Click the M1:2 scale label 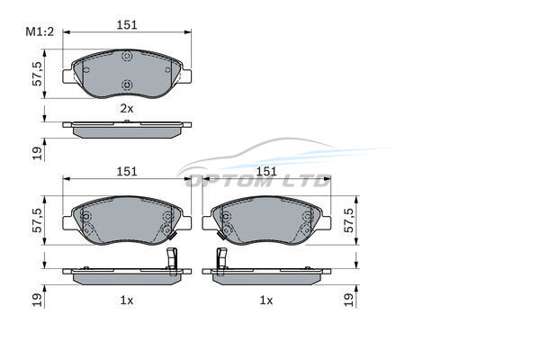pyautogui.click(x=40, y=32)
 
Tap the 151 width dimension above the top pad pyautogui.click(x=127, y=25)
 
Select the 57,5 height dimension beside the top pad pyautogui.click(x=37, y=74)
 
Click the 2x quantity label pyautogui.click(x=126, y=109)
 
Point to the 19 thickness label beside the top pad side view pyautogui.click(x=37, y=153)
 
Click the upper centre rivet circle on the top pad pyautogui.click(x=127, y=56)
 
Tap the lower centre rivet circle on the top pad pyautogui.click(x=127, y=84)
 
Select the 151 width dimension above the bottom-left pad pyautogui.click(x=127, y=171)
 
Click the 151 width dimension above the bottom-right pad pyautogui.click(x=266, y=171)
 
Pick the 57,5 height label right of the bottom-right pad pyautogui.click(x=349, y=220)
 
